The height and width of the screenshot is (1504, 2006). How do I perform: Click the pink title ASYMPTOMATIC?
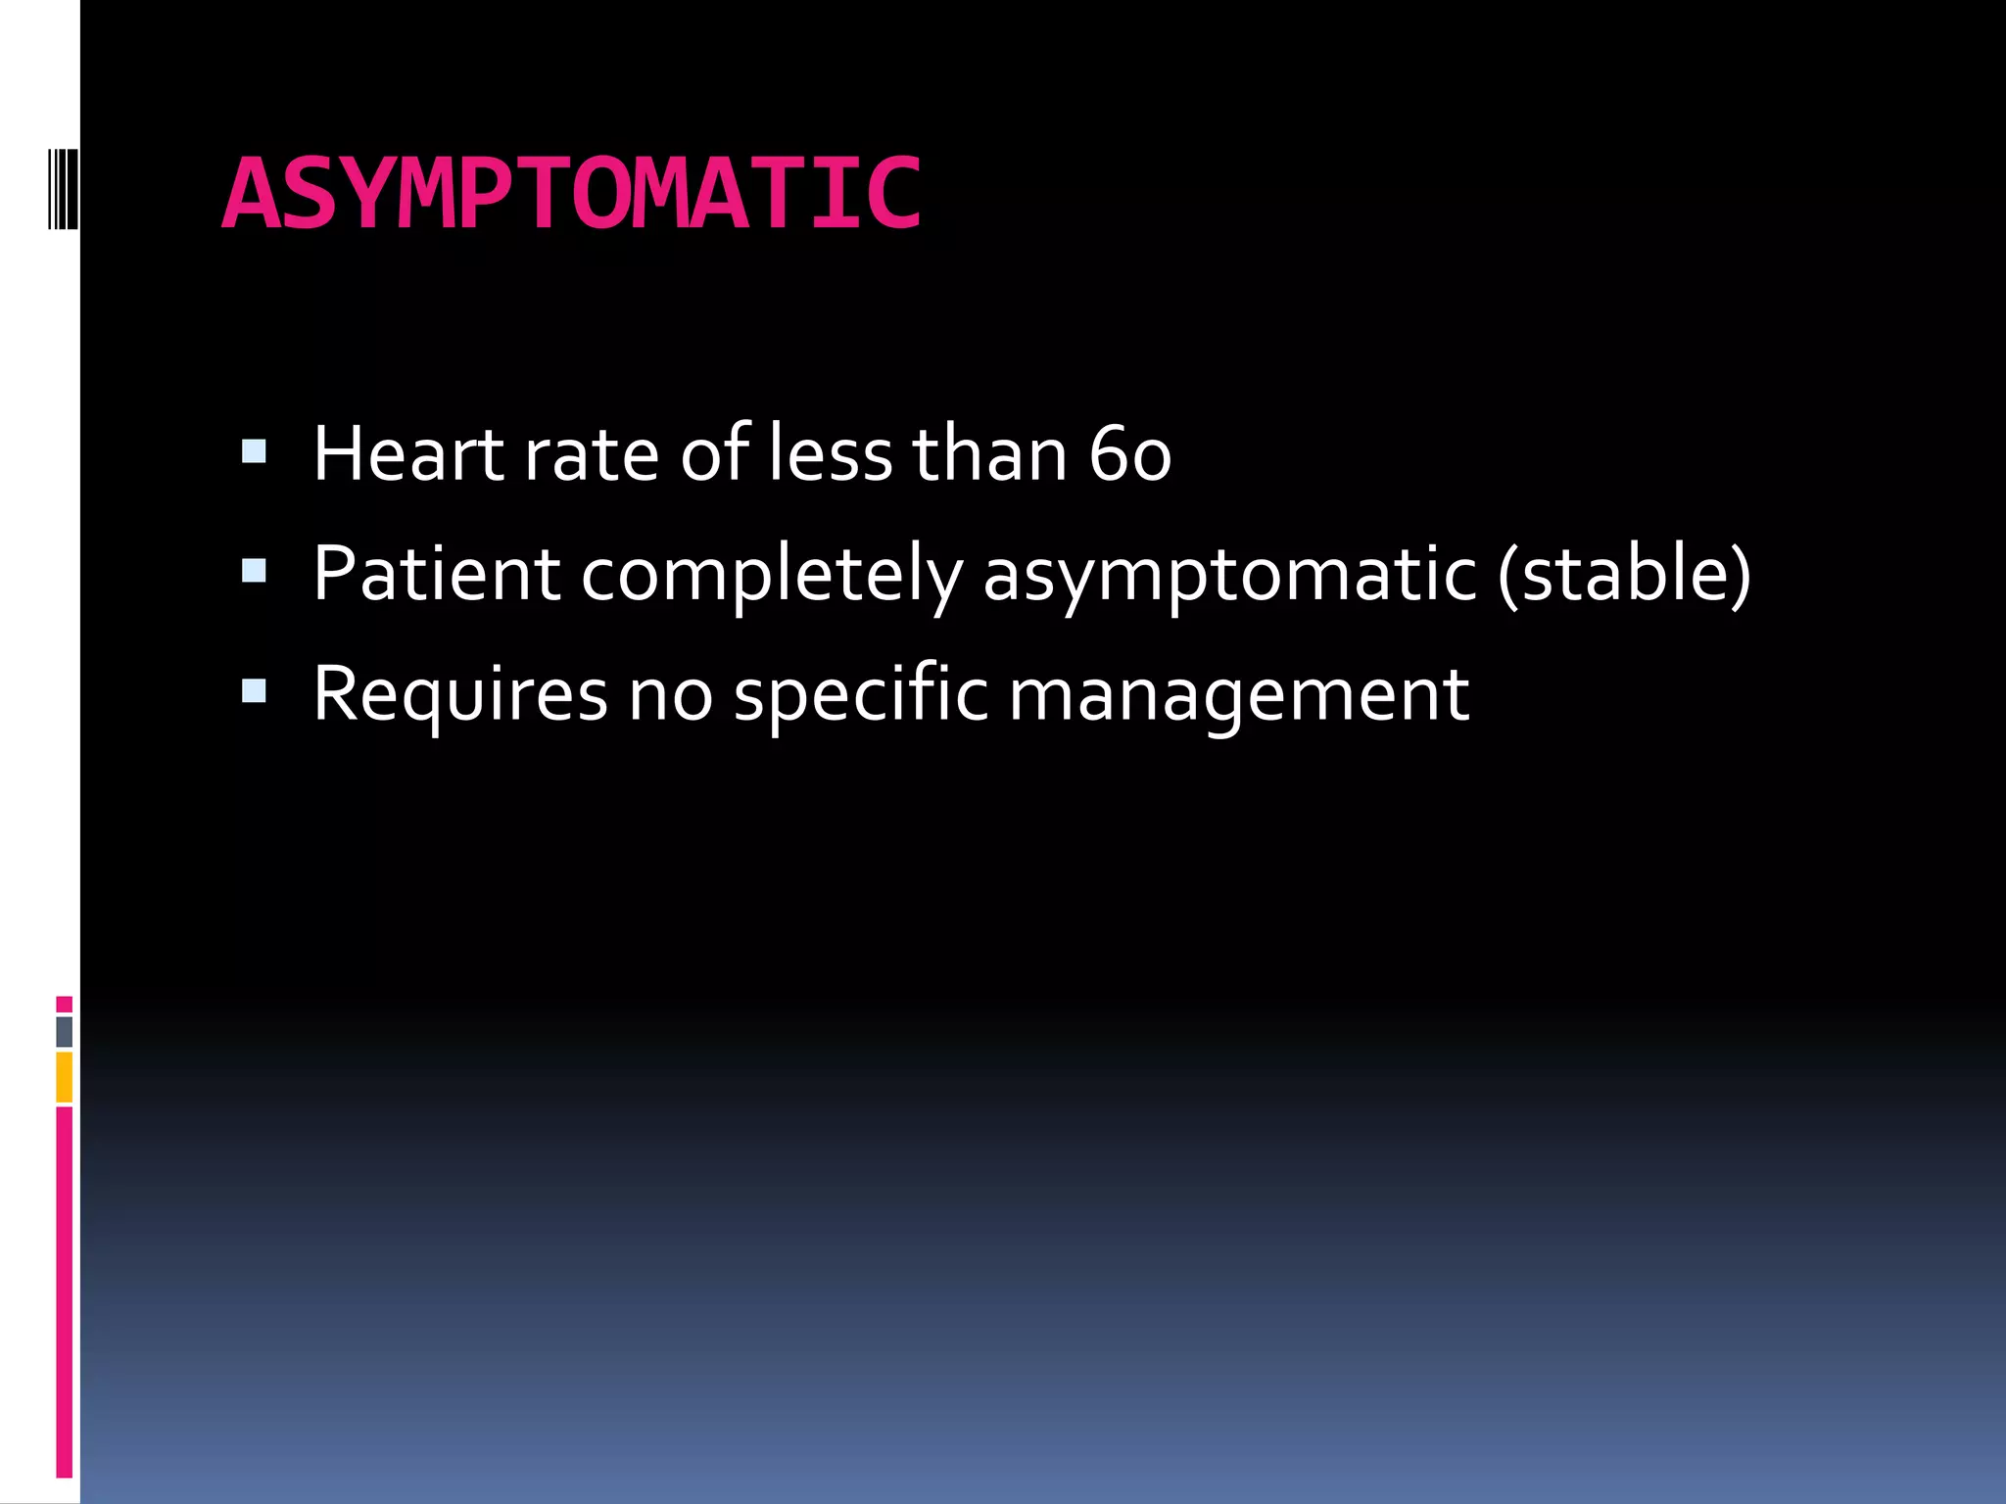(x=571, y=196)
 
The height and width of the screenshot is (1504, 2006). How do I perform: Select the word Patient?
(x=436, y=574)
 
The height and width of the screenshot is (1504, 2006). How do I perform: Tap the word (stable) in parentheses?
(x=1624, y=574)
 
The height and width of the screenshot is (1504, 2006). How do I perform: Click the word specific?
(x=861, y=695)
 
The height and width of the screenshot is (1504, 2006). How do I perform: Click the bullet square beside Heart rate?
(x=254, y=451)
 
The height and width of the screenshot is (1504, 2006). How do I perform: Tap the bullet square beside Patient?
(x=254, y=571)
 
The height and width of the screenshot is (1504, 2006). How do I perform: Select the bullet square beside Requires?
(x=254, y=692)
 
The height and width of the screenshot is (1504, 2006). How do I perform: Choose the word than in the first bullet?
(x=989, y=454)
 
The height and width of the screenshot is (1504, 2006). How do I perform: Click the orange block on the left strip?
(x=64, y=1077)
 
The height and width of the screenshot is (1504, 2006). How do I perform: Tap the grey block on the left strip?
(x=64, y=1031)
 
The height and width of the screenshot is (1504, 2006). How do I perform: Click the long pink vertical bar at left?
(x=64, y=1292)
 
